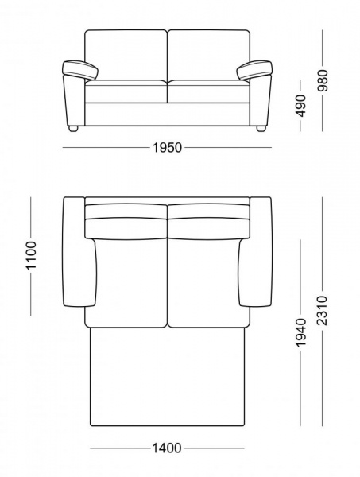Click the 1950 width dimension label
point(167,148)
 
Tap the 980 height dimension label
point(323,81)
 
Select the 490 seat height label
point(300,106)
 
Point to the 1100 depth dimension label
point(31,255)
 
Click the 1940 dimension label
point(300,332)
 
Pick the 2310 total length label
point(322,311)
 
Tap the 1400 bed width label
point(167,448)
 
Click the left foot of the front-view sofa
point(74,128)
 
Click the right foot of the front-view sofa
point(261,128)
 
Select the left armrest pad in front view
point(80,70)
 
